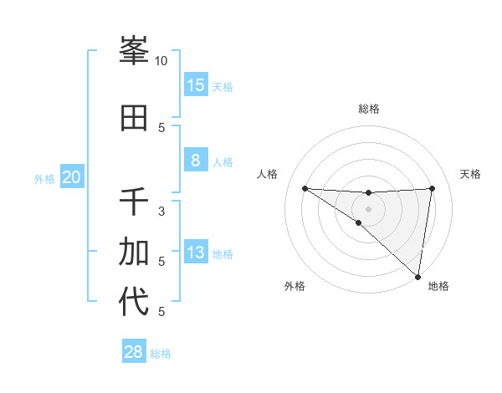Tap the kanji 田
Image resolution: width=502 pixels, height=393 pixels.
pyautogui.click(x=134, y=119)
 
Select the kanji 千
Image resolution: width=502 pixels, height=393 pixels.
pyautogui.click(x=134, y=202)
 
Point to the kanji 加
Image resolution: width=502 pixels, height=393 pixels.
pyautogui.click(x=134, y=251)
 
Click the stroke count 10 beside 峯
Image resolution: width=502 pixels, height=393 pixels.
pyautogui.click(x=161, y=61)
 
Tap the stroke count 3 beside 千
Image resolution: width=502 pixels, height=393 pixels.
pyautogui.click(x=161, y=212)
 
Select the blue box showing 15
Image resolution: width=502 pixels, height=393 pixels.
pyautogui.click(x=196, y=85)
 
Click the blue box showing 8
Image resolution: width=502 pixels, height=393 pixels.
pyautogui.click(x=196, y=161)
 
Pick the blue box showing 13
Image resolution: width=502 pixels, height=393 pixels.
pyautogui.click(x=196, y=253)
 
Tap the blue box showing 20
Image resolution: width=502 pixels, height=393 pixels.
pyautogui.click(x=72, y=177)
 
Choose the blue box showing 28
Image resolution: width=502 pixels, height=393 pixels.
pyautogui.click(x=134, y=352)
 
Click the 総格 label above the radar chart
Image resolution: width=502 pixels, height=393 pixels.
pyautogui.click(x=369, y=109)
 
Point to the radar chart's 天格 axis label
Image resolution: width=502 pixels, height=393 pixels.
pyautogui.click(x=471, y=174)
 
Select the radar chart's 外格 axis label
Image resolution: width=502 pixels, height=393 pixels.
pyautogui.click(x=295, y=286)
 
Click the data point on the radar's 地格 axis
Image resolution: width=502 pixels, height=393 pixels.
pyautogui.click(x=418, y=276)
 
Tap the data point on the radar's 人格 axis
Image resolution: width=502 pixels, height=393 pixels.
pyautogui.click(x=305, y=188)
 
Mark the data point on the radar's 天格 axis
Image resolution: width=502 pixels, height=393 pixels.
pyautogui.click(x=432, y=188)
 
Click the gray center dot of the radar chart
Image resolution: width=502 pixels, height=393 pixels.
pyautogui.click(x=368, y=209)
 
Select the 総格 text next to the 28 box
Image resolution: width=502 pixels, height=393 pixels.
pyautogui.click(x=161, y=354)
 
